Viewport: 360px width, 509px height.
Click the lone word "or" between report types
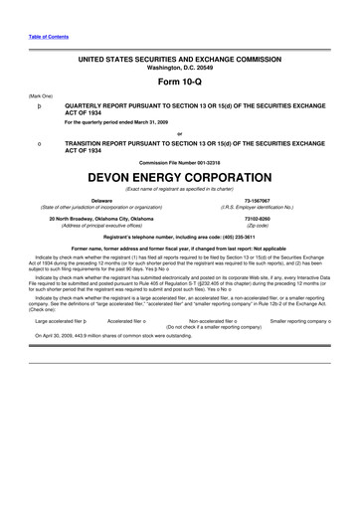click(180, 135)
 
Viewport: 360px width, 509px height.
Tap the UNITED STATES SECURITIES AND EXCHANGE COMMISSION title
click(180, 61)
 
